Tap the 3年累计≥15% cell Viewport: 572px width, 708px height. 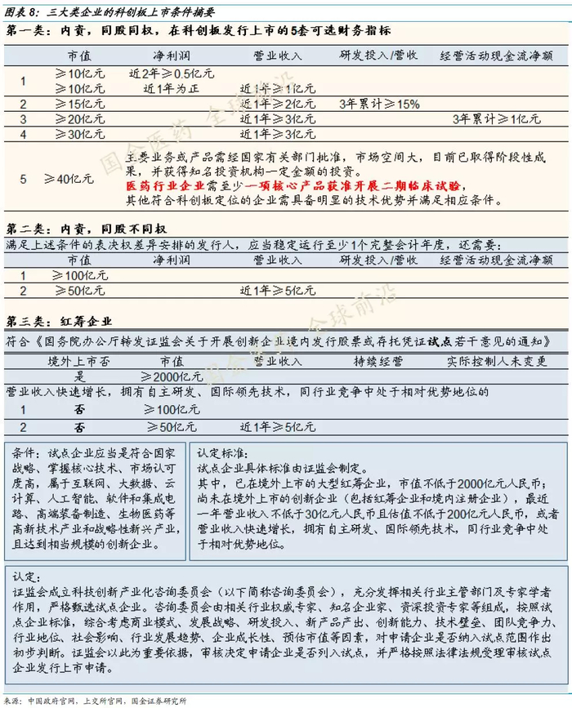[x=379, y=104]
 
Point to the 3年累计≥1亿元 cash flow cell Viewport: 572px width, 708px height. [x=495, y=119]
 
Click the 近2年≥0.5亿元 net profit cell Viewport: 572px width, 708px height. [x=172, y=73]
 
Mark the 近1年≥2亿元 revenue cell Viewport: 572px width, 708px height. [x=278, y=104]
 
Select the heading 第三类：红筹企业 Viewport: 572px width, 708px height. [x=58, y=322]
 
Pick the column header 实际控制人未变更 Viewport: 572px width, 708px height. [x=495, y=360]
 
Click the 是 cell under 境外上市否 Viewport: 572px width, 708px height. [x=80, y=376]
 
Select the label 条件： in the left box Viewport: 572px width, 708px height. [x=25, y=452]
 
